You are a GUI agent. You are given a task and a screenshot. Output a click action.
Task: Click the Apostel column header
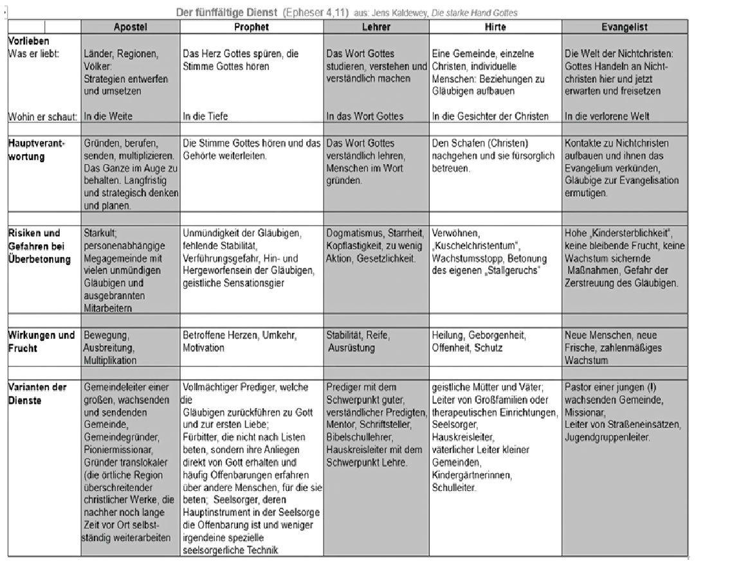point(131,27)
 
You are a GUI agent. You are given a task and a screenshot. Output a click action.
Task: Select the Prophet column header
point(252,27)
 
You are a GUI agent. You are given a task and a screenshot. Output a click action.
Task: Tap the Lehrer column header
point(376,27)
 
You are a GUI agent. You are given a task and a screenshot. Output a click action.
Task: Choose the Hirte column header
point(495,27)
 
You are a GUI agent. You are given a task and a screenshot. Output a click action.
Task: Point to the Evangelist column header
point(624,27)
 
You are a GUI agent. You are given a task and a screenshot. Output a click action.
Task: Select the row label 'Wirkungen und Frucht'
point(41,341)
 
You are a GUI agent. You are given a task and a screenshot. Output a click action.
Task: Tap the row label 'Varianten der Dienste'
point(37,393)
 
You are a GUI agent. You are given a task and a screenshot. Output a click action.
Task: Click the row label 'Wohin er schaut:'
point(42,116)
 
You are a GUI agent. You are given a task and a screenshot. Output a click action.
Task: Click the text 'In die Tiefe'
point(205,116)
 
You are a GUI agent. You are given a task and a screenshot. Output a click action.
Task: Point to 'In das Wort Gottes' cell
point(365,116)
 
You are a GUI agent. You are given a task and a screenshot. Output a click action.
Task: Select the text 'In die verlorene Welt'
point(607,116)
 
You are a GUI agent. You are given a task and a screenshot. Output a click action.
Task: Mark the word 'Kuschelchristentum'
point(476,246)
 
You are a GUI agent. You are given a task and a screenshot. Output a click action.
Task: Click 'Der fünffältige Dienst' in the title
point(227,12)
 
